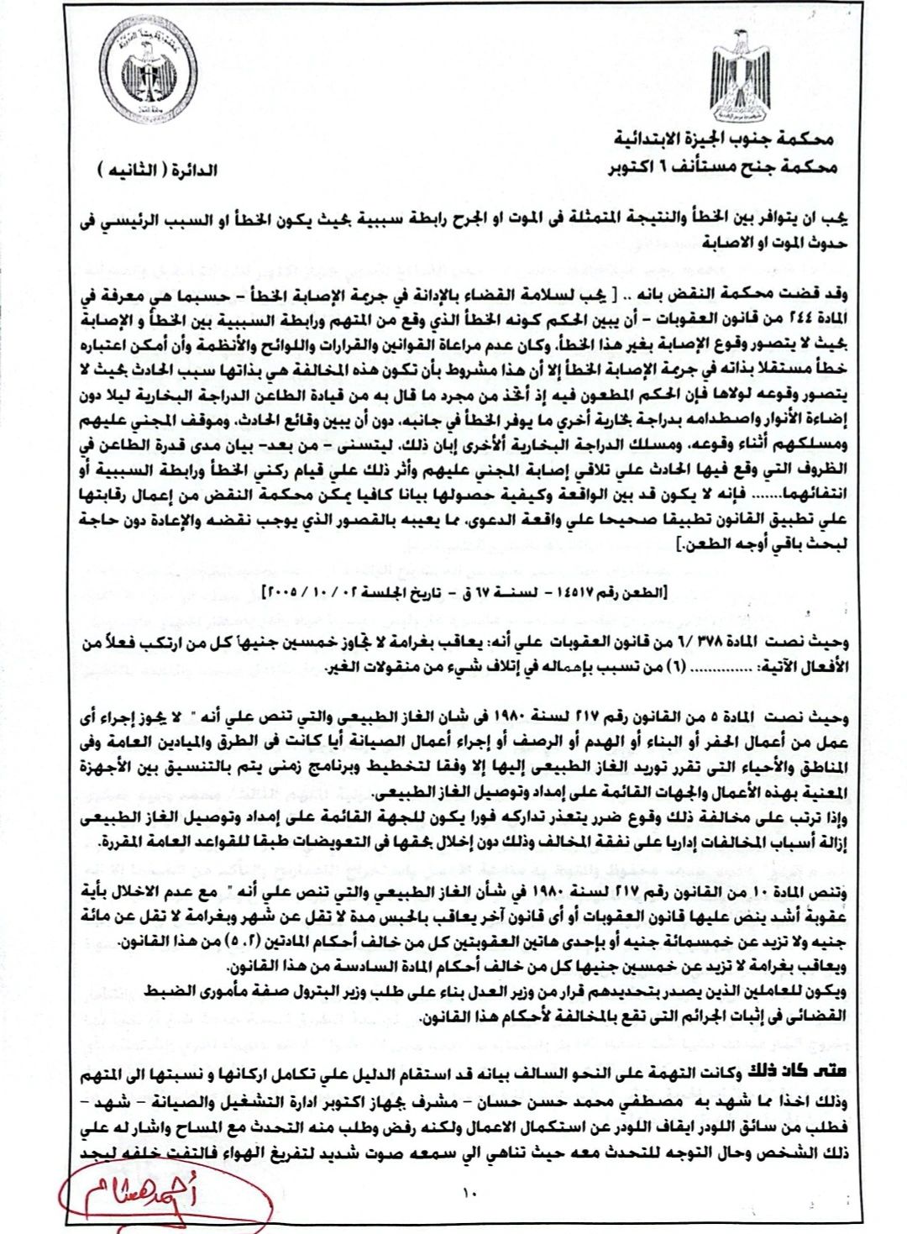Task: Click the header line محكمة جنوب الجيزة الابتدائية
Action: click(x=723, y=139)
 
